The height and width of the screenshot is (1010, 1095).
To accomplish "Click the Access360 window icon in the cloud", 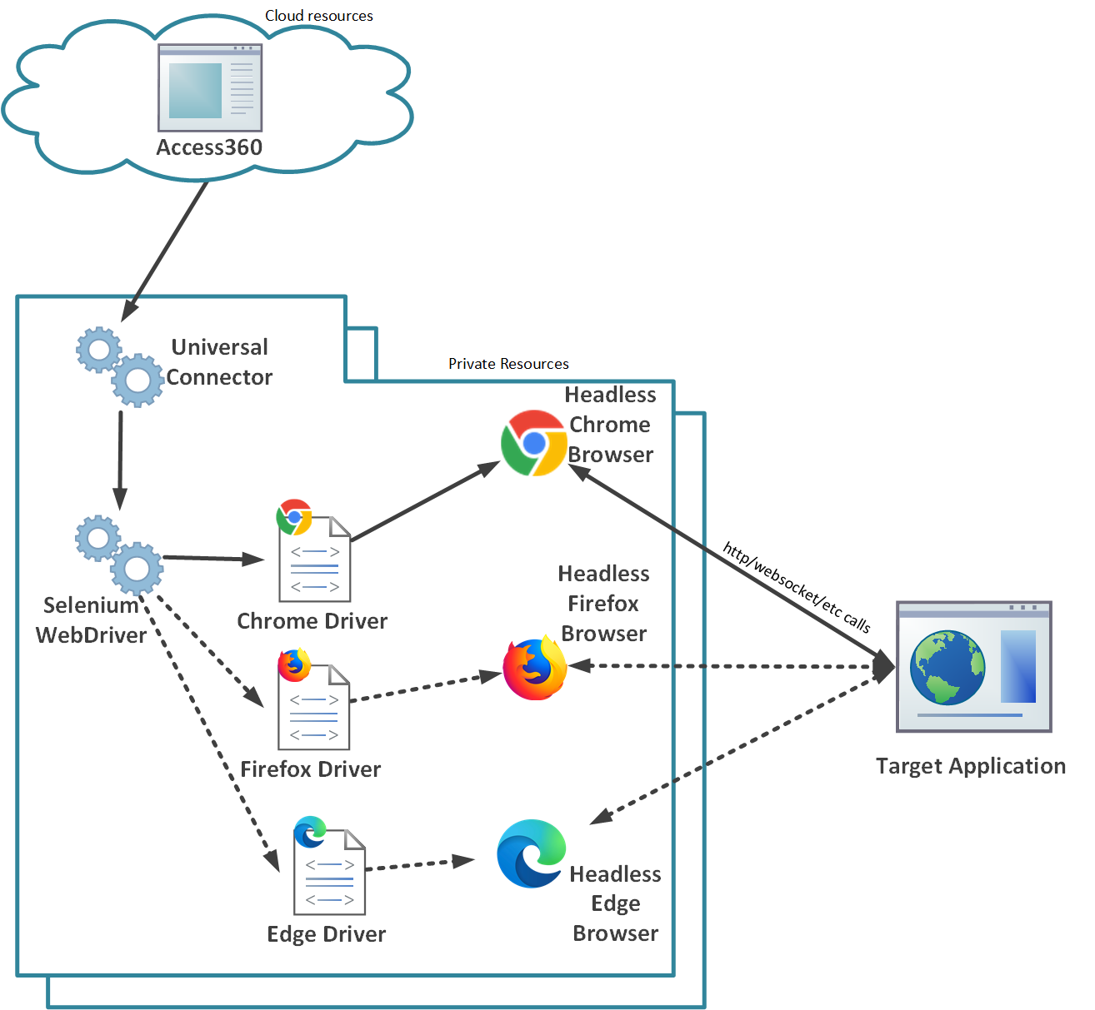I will coord(210,87).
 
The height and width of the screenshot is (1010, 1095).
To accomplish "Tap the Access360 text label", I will coord(209,147).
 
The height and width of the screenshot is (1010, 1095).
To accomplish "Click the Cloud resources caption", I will coord(318,16).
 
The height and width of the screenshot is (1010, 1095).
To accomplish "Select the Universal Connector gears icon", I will coord(119,366).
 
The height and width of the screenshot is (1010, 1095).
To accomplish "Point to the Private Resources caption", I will coord(508,364).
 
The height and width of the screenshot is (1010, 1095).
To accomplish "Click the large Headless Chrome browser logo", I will coord(534,443).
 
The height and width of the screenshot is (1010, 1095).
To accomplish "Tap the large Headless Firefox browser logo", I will coord(535,669).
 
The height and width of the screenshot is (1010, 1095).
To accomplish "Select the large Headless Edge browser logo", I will coord(531,853).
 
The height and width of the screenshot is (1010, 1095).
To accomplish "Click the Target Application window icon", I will coord(973,666).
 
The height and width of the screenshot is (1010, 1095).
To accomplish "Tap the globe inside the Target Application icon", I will coord(947,668).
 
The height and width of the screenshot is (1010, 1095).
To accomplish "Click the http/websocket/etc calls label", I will coord(797,587).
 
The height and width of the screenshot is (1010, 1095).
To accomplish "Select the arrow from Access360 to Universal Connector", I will coord(166,250).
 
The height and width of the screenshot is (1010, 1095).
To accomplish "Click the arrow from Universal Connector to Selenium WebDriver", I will coord(120,458).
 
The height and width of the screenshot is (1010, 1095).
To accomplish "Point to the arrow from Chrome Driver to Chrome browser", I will coord(425,503).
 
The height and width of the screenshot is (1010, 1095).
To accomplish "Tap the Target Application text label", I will coord(970,766).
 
